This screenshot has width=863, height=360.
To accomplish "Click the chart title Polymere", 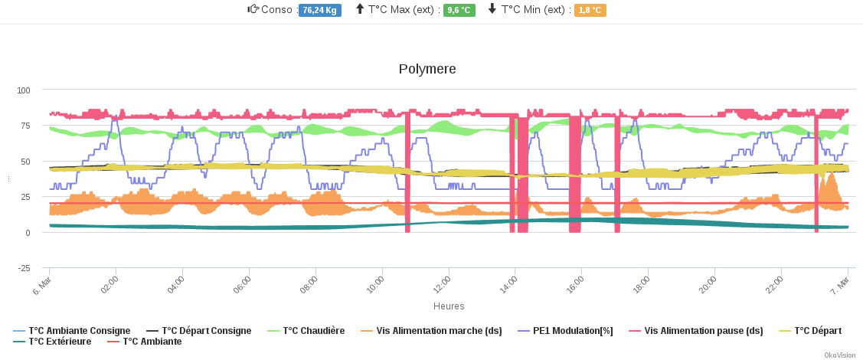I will [427, 69].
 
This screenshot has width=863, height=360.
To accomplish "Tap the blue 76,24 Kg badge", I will [320, 10].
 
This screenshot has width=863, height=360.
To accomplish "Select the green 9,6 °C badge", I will [459, 10].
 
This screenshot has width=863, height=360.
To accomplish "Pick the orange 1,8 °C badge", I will [590, 10].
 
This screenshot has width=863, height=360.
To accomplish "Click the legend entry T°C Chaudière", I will [313, 331].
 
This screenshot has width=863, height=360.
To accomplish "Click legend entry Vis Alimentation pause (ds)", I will [703, 331].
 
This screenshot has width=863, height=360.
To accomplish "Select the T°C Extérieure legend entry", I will [60, 342].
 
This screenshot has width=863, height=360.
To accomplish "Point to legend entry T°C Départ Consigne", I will [206, 331].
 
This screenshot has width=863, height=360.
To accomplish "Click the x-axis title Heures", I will [449, 306].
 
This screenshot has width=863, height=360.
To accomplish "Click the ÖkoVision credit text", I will [839, 355].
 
